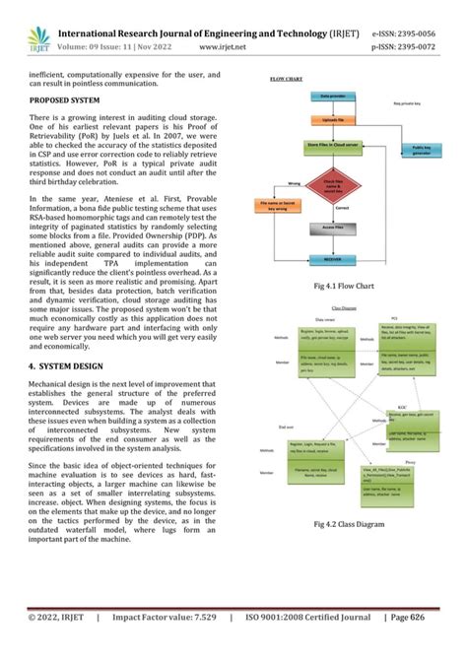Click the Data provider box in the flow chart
[326, 97]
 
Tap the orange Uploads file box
[327, 118]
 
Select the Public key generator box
[421, 150]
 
